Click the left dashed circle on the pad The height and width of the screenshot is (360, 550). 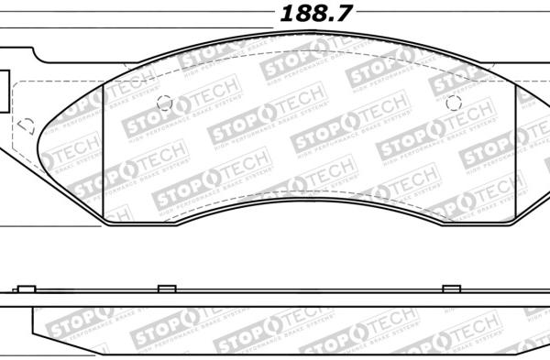point(165,103)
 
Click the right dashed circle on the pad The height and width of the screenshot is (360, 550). point(451,103)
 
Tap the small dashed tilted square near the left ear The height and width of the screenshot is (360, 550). point(26,125)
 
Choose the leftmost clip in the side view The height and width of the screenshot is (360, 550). point(26,289)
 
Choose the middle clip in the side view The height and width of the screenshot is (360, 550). point(166,289)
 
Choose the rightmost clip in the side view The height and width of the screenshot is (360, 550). point(451,289)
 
